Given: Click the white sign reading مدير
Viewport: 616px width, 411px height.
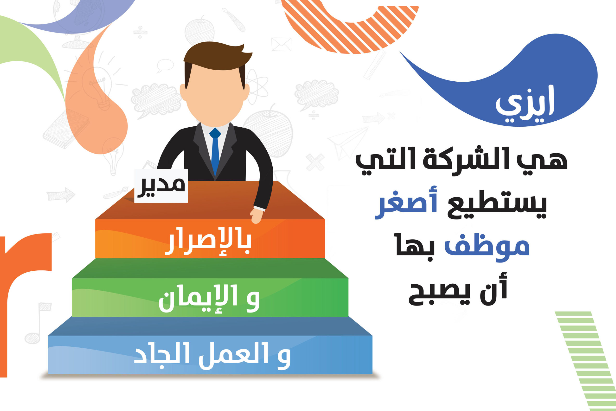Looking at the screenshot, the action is pos(161,186).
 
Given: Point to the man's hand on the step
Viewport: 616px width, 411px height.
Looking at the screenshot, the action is pos(256,216).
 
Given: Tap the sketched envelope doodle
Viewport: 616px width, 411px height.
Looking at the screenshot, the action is pos(281,44).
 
